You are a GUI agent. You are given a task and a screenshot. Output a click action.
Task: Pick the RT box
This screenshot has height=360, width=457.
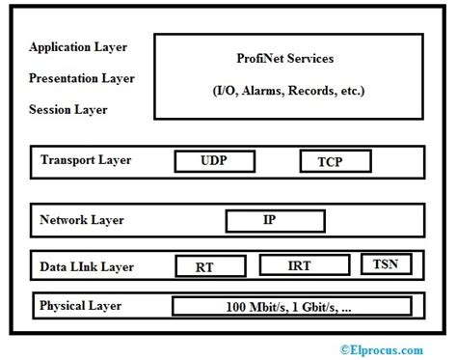point(203,266)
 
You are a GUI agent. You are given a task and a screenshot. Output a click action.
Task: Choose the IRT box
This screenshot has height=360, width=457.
point(299,265)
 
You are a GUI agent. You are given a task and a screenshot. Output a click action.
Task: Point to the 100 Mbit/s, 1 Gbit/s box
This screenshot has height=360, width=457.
point(292,307)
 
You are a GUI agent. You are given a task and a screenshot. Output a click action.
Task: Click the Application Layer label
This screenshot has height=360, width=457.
point(78,46)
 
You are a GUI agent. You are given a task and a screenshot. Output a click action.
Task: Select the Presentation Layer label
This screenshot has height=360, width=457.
point(82,78)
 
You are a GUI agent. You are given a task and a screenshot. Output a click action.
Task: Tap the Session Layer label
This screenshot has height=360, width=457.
point(68,109)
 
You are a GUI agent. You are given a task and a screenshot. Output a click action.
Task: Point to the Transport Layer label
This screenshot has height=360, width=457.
point(86,160)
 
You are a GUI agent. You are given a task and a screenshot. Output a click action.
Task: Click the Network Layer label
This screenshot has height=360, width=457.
point(82,220)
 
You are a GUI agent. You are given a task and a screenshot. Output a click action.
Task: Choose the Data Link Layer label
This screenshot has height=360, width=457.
point(87,266)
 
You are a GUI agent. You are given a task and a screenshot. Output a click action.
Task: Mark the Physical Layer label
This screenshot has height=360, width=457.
point(81,306)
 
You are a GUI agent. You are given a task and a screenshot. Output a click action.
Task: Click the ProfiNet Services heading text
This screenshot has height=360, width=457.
point(285,59)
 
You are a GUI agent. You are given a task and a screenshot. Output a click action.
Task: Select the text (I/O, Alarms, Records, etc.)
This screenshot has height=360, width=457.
point(289,91)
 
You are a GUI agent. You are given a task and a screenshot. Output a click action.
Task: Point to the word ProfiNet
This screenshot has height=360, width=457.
point(260,59)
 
